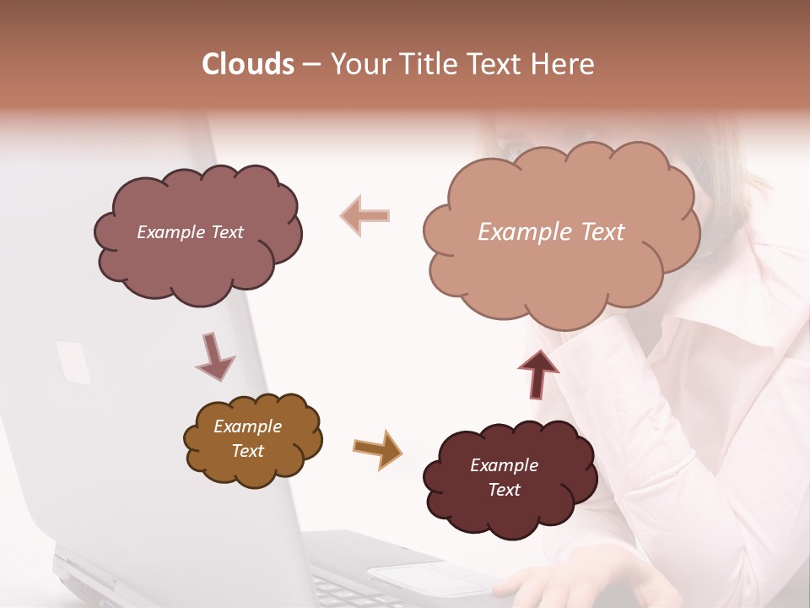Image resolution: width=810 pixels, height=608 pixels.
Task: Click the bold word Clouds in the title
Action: (x=248, y=64)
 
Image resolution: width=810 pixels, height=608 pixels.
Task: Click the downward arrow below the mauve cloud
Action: (x=214, y=356)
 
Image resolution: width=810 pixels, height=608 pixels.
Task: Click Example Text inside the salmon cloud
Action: (x=551, y=232)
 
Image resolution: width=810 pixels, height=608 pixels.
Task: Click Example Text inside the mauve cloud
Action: (x=190, y=232)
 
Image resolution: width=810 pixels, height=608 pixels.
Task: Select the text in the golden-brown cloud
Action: (x=248, y=438)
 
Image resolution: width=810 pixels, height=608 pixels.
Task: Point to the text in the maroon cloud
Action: (x=504, y=477)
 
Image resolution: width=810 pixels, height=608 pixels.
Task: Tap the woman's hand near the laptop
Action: (x=540, y=587)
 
